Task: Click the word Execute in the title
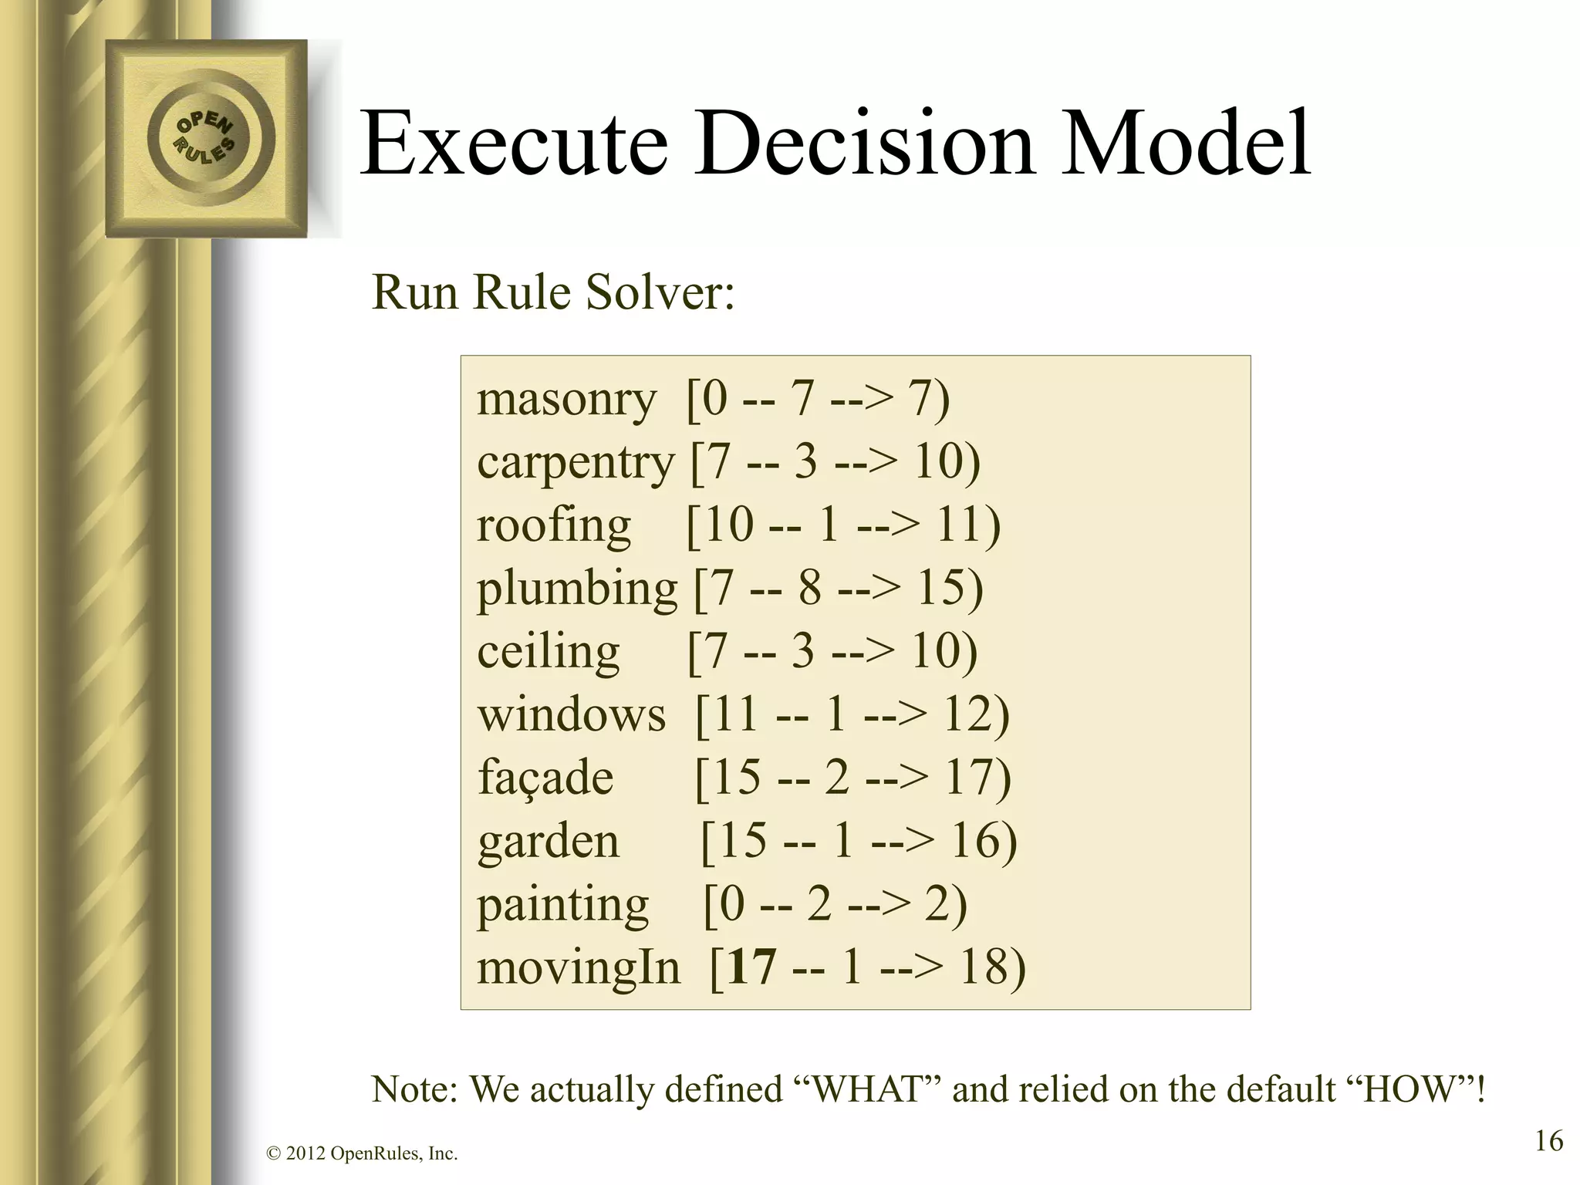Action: [514, 145]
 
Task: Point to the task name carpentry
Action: [576, 464]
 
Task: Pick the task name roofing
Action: [553, 526]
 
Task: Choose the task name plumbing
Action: [577, 589]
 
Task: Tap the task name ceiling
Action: [548, 653]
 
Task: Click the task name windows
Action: [571, 715]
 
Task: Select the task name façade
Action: [545, 778]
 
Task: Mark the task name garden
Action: [548, 841]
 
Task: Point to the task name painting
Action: [562, 905]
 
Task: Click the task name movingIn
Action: [578, 968]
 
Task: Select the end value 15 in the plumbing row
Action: [940, 589]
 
